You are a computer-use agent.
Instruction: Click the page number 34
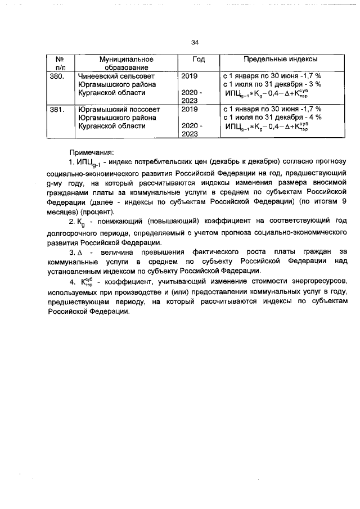(195, 42)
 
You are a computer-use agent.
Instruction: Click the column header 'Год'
(198, 59)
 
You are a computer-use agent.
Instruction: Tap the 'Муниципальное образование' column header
(126, 63)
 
